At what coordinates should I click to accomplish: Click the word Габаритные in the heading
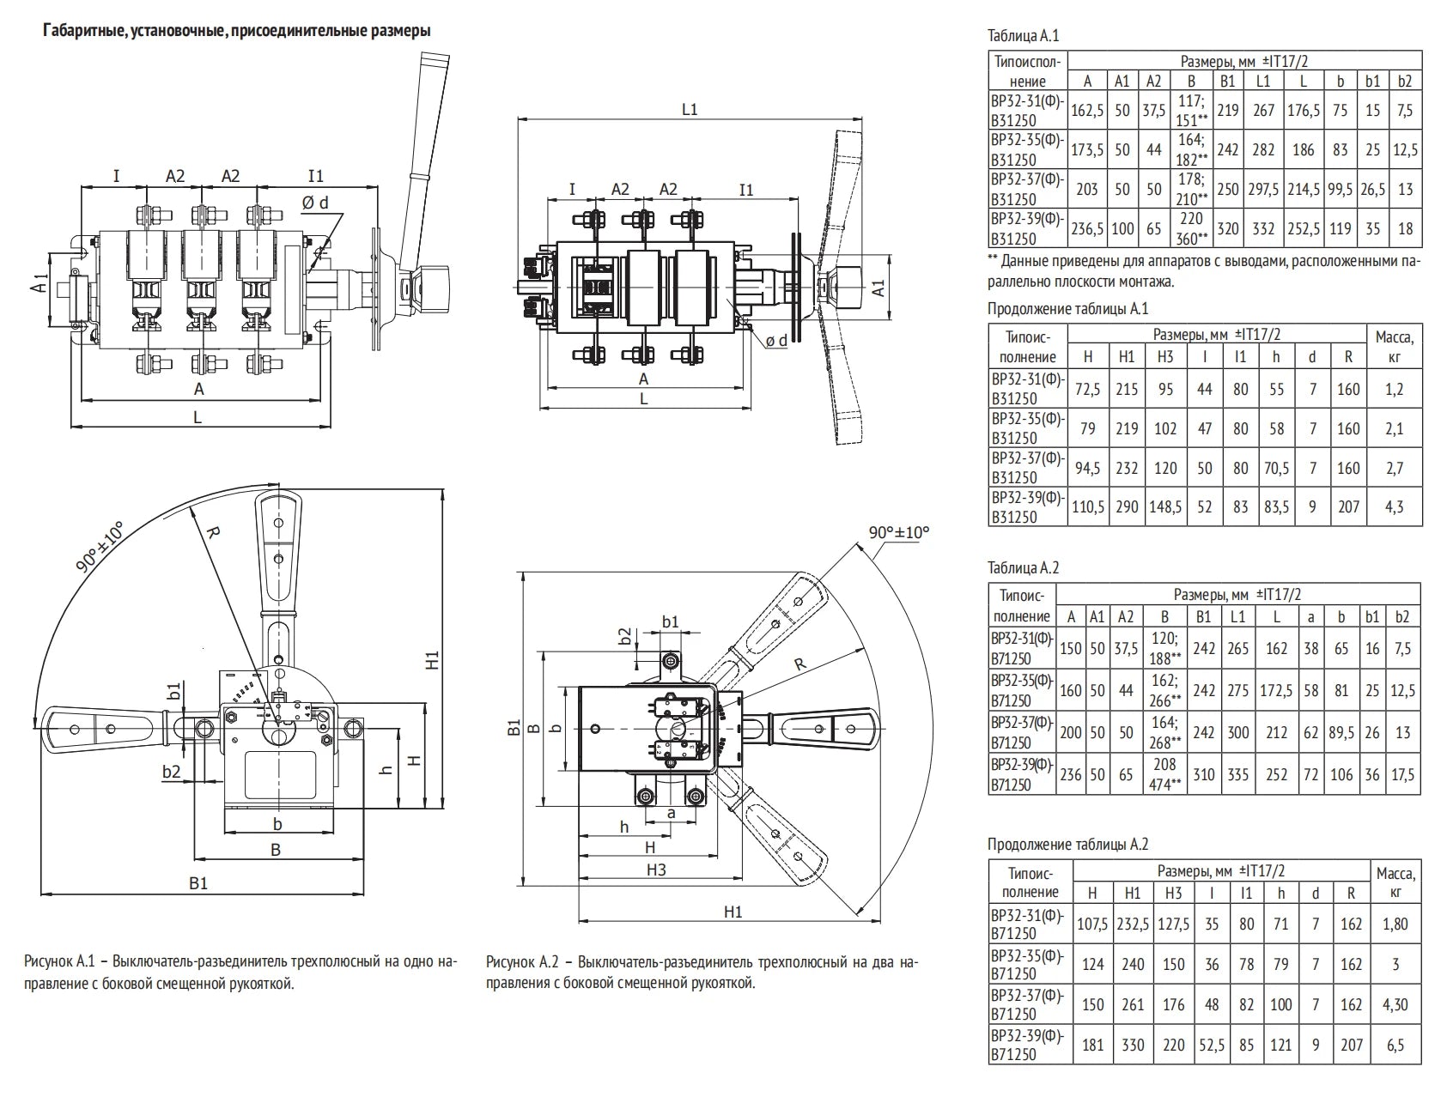click(x=72, y=31)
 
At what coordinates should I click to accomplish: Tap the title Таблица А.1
click(x=1023, y=36)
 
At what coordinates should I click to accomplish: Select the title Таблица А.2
click(x=1023, y=567)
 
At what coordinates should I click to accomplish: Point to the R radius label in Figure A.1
click(x=213, y=532)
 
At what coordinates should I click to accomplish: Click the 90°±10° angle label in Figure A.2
click(x=898, y=532)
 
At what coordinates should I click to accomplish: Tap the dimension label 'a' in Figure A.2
click(x=671, y=811)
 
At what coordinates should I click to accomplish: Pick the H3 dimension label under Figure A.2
click(x=656, y=869)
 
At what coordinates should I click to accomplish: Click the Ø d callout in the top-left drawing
click(x=315, y=203)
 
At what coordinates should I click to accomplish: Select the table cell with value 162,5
click(x=1087, y=110)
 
